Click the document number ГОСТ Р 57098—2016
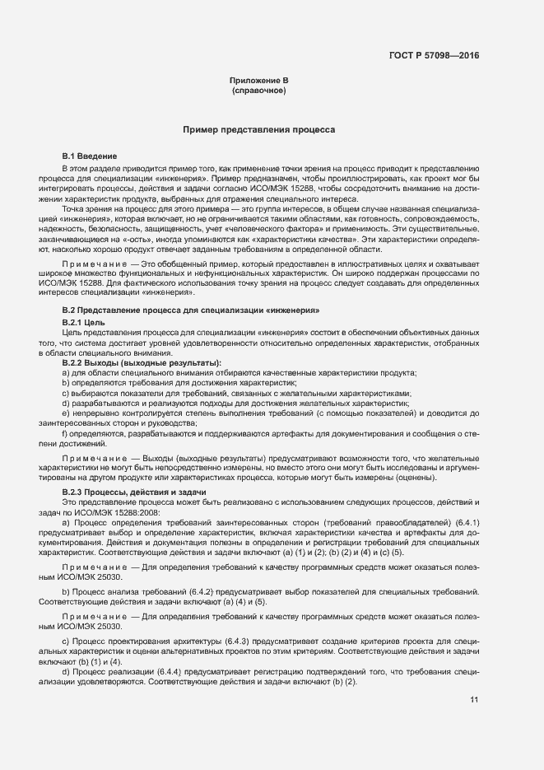pyautogui.click(x=434, y=56)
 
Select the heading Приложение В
pyautogui.click(x=258, y=80)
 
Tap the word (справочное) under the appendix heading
pyautogui.click(x=258, y=90)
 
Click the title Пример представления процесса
pyautogui.click(x=258, y=130)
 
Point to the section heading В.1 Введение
pyautogui.click(x=90, y=156)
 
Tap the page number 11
pyautogui.click(x=474, y=700)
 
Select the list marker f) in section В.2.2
pyautogui.click(x=64, y=433)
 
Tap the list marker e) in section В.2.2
pyautogui.click(x=65, y=415)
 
